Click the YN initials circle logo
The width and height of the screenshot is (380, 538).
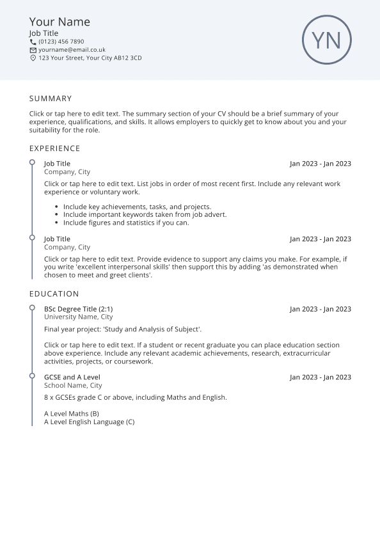coord(327,40)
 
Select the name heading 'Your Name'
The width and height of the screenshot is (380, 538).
coord(59,22)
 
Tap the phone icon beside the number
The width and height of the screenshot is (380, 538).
coord(33,42)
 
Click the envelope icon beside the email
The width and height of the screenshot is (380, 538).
coord(33,50)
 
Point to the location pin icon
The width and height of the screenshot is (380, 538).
coord(33,58)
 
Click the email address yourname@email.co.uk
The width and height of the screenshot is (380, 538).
coord(72,50)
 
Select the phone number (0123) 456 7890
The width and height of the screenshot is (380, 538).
coord(61,42)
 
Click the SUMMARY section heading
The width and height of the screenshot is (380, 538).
coord(51,99)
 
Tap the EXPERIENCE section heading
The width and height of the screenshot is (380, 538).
coord(54,148)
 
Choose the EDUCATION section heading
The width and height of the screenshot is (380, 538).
coord(54,294)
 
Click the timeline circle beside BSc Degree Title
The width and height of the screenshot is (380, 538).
coord(32,308)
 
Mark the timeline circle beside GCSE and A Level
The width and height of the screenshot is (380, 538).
coord(32,376)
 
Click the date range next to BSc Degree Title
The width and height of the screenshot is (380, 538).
coord(320,309)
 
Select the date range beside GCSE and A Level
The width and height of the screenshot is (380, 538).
coord(320,377)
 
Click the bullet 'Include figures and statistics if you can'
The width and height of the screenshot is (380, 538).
coord(126,223)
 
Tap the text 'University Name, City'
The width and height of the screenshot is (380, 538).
coord(78,317)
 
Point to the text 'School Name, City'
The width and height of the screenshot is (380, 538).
coord(72,386)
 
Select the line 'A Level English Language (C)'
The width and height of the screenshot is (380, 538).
coord(89,422)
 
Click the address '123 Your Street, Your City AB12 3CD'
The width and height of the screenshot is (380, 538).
coord(90,58)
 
